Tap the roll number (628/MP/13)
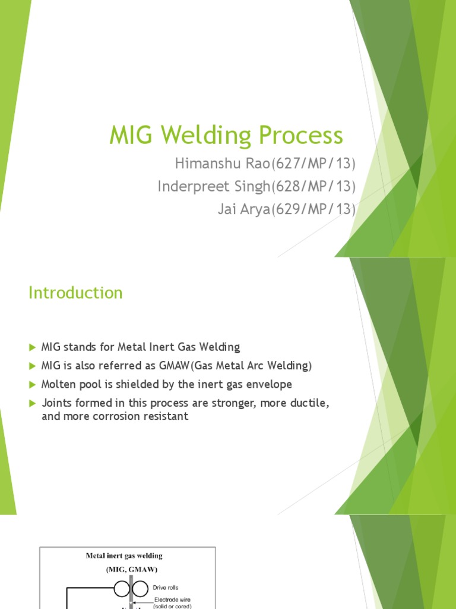tap(313, 187)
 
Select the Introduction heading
tap(75, 293)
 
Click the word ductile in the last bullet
tap(306, 403)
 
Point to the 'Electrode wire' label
tap(172, 599)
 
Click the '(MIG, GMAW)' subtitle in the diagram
tap(127, 569)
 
